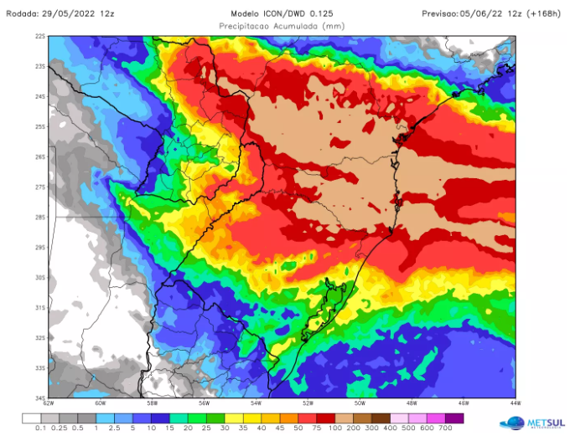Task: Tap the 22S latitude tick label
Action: pos(39,37)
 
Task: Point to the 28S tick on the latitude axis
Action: pos(39,218)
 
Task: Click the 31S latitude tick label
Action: pos(39,307)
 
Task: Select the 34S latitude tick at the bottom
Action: pos(39,397)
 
